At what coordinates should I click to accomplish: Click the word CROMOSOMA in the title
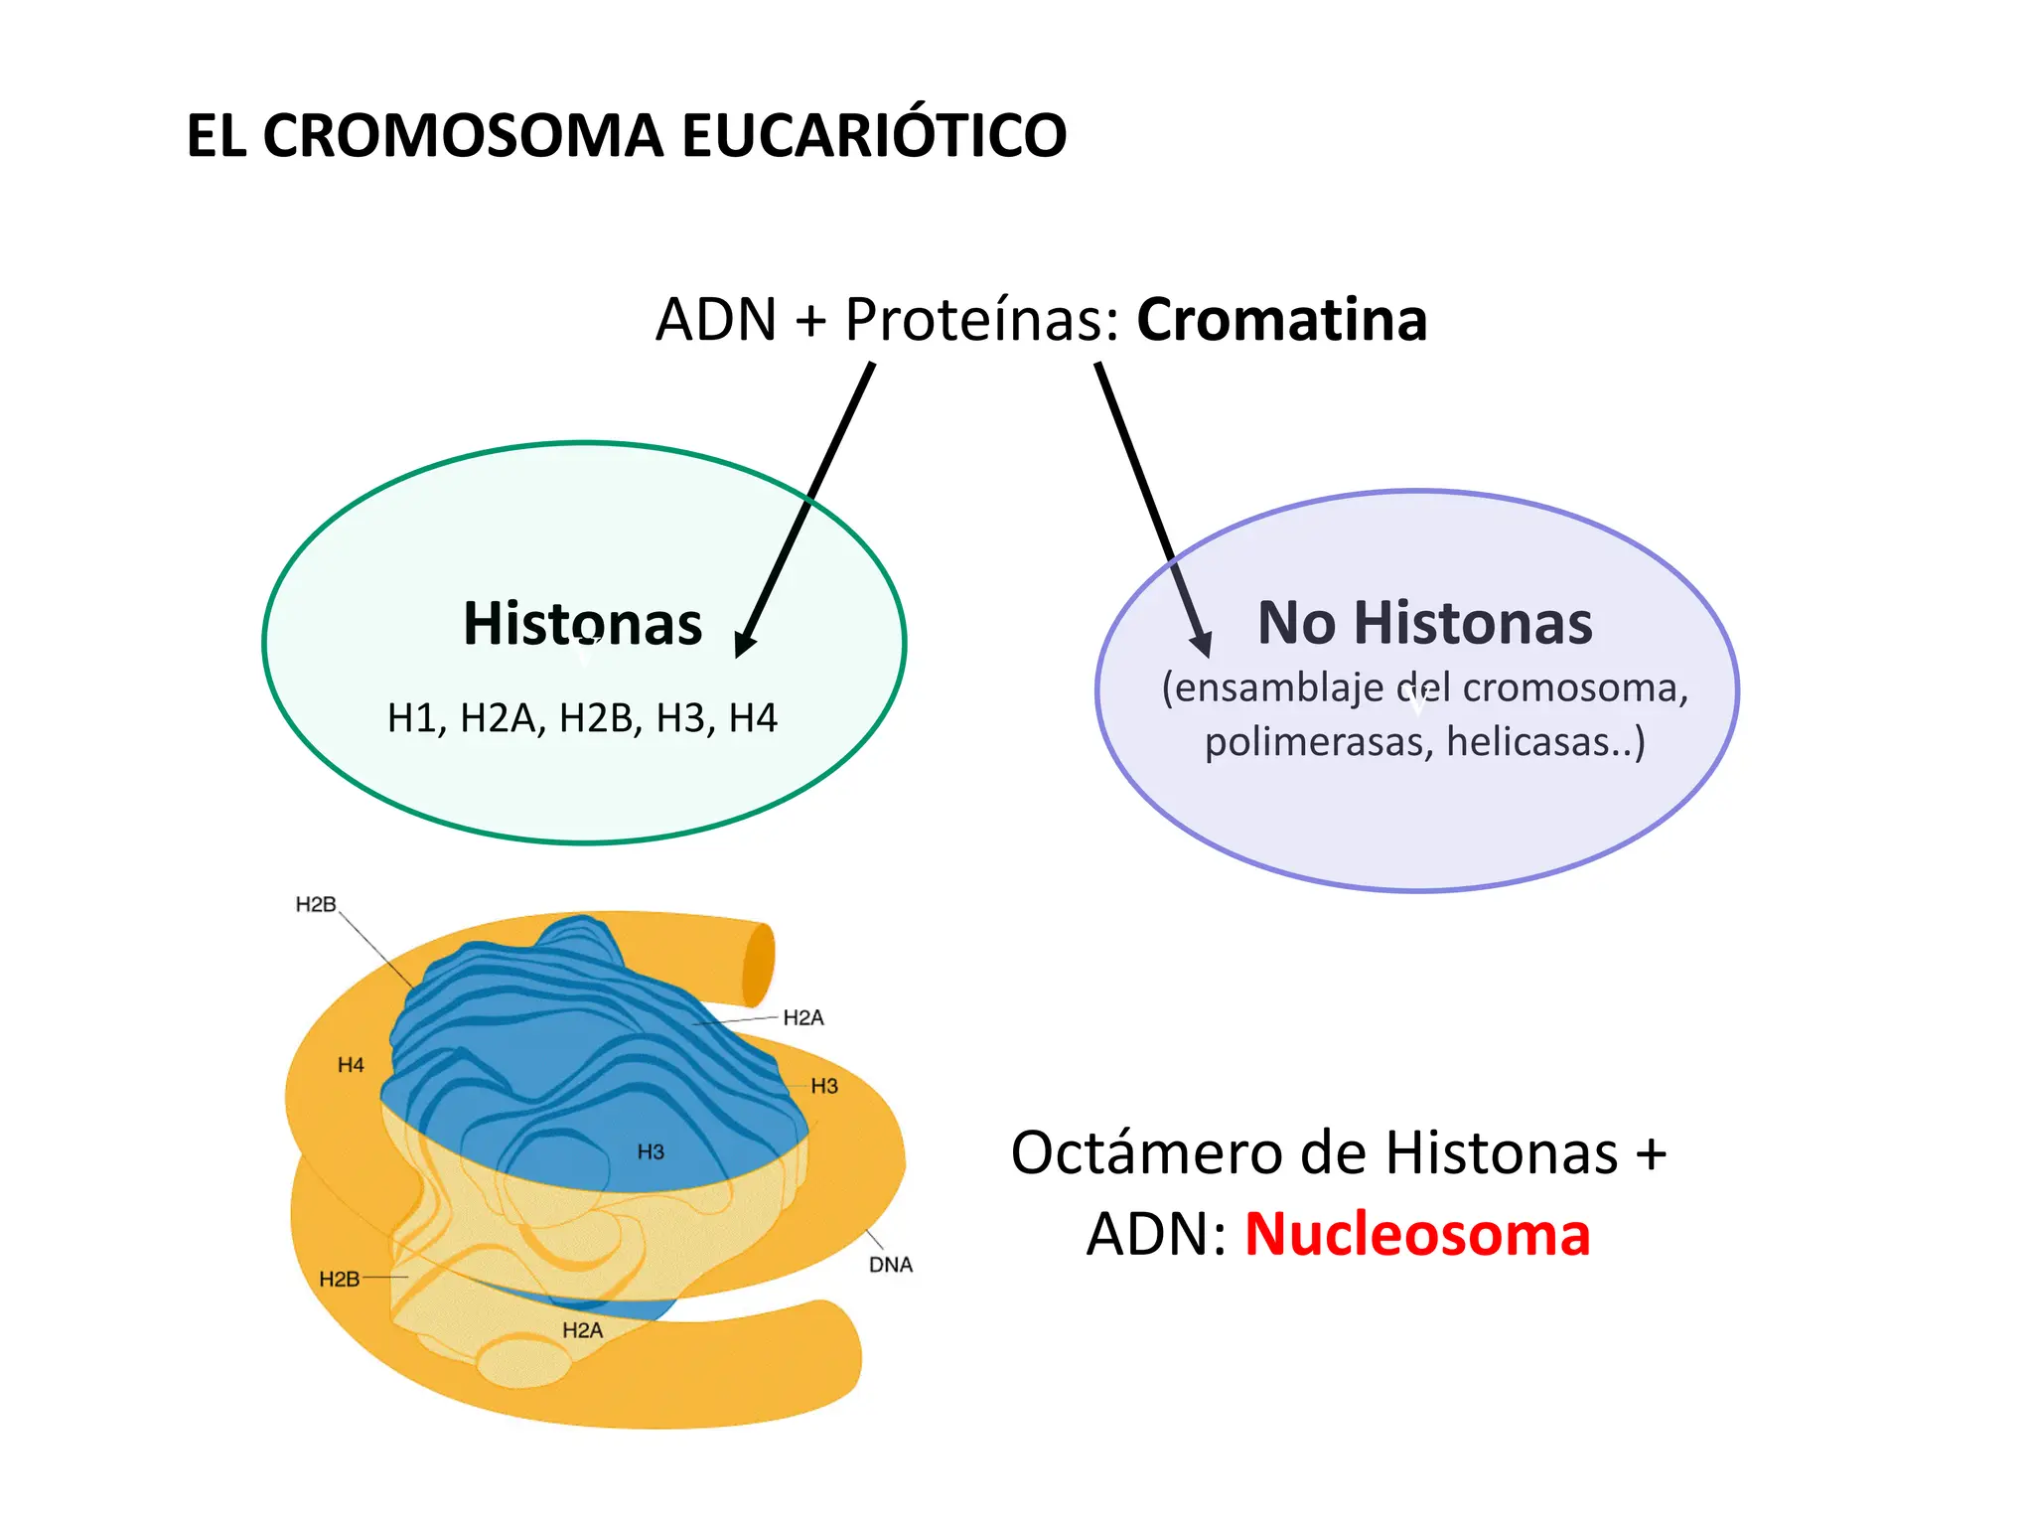tap(462, 136)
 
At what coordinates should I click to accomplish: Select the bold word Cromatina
tap(1281, 320)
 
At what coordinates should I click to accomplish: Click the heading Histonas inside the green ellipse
tap(583, 624)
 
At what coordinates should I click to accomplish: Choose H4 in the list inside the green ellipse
tap(753, 718)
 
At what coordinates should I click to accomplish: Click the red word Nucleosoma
tap(1417, 1235)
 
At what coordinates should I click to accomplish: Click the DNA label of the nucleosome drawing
tap(890, 1265)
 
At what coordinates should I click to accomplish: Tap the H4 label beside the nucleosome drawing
tap(351, 1065)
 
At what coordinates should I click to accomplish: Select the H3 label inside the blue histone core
tap(651, 1152)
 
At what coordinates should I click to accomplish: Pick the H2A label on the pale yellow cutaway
tap(582, 1330)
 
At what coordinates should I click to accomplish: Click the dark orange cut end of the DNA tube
tap(758, 964)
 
